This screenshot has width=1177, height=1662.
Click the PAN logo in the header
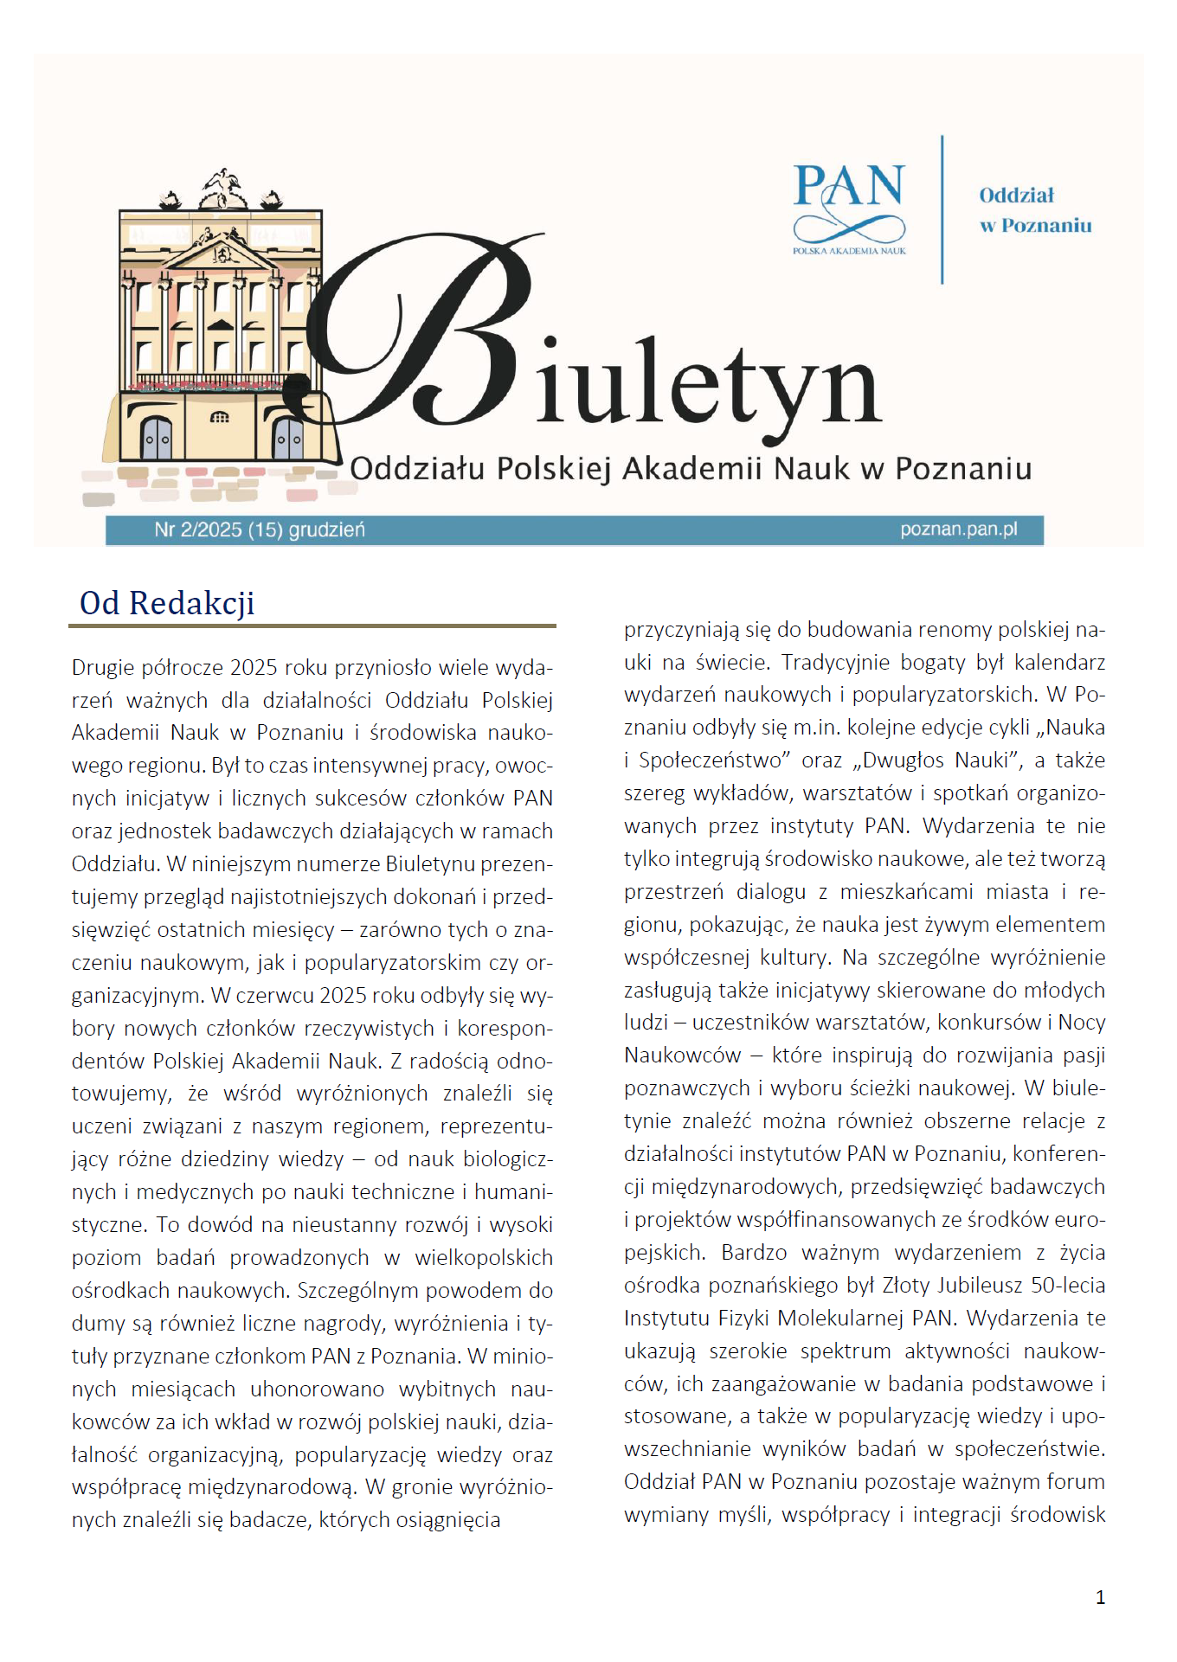849,209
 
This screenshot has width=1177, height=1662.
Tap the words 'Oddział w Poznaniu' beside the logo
1035,210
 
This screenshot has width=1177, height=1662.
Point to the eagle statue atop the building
222,186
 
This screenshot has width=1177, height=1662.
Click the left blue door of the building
157,438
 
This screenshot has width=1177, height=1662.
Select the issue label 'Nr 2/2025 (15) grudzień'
260,529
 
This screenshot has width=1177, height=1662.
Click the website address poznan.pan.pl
958,529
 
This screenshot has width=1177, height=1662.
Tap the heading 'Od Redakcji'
167,603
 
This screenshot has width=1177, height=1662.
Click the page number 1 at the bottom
1100,1597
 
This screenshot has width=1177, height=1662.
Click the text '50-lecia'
1068,1285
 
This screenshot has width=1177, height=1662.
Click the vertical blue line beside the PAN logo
942,209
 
